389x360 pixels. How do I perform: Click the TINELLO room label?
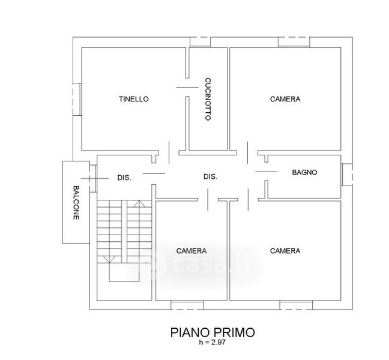134,99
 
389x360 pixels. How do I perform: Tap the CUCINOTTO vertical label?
208,99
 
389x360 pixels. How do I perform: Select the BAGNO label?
304,173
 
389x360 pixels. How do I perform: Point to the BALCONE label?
76,203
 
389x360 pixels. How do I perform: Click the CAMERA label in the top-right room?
285,99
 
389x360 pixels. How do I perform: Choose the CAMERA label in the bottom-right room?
285,251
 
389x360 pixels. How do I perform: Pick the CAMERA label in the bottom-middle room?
191,251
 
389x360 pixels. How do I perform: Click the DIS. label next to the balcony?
124,178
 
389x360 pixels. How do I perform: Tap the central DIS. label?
210,177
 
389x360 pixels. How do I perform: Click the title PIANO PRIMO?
213,332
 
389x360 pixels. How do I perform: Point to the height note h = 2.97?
213,343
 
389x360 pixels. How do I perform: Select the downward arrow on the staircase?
109,259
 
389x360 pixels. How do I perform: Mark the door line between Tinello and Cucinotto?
187,87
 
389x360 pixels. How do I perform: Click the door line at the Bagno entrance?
266,172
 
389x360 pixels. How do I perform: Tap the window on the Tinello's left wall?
77,99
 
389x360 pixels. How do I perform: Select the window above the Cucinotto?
201,42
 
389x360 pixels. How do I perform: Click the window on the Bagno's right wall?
347,175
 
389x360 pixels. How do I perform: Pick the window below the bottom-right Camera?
296,305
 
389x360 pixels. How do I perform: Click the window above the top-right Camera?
294,42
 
